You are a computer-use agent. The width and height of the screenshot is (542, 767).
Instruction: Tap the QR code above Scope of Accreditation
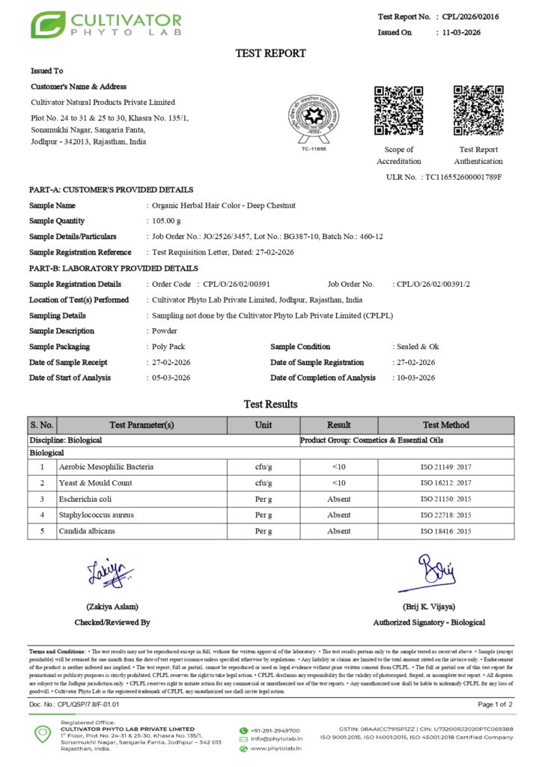click(x=398, y=111)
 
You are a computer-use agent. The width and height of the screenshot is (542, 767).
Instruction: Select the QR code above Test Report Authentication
click(x=478, y=111)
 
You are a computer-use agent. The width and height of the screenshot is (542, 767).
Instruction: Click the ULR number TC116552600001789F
click(x=463, y=177)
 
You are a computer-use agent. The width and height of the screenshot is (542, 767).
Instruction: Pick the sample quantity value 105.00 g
click(x=166, y=221)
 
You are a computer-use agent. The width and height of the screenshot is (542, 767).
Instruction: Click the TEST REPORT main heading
click(x=270, y=53)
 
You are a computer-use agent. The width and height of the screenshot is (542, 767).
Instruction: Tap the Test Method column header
click(x=445, y=425)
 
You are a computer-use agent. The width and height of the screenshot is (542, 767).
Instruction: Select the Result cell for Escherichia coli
click(x=338, y=499)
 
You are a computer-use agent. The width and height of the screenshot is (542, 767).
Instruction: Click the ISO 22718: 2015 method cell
click(x=445, y=515)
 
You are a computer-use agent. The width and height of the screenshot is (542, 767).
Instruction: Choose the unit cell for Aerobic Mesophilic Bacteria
click(x=263, y=467)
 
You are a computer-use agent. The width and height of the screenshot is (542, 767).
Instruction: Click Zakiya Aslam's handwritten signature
click(x=111, y=573)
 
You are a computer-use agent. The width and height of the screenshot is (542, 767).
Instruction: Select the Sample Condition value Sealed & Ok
click(x=418, y=347)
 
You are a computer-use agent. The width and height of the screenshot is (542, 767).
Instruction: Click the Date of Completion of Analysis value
click(x=415, y=378)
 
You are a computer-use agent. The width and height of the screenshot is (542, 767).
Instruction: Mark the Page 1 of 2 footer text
click(x=495, y=705)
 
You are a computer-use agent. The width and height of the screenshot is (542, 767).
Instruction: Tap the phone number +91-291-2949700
click(x=275, y=730)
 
